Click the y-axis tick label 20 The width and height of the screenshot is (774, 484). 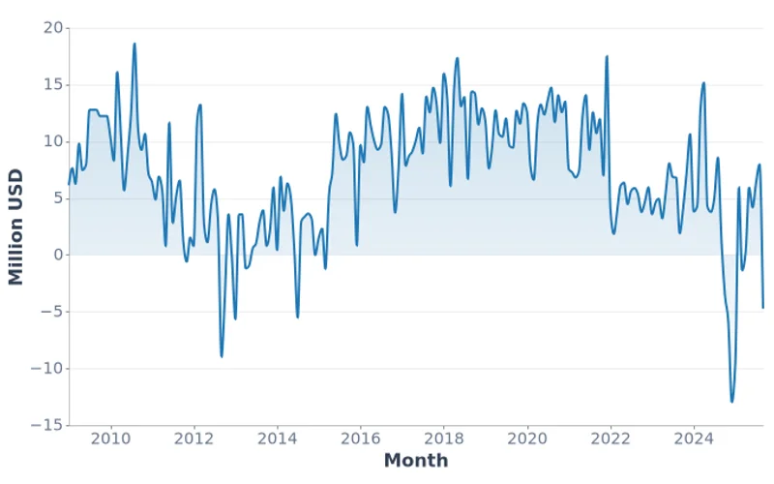(52, 28)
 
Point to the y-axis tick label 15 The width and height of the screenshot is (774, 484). (52, 85)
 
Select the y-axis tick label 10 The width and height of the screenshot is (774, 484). (52, 141)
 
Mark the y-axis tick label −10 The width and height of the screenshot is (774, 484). (47, 368)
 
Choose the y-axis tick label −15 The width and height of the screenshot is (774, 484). (47, 425)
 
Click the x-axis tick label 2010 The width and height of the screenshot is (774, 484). (110, 437)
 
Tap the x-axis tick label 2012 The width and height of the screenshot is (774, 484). (193, 437)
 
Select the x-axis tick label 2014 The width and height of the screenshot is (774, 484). (277, 437)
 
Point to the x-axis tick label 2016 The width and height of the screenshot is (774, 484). (360, 437)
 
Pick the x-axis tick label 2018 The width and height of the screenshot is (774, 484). (443, 437)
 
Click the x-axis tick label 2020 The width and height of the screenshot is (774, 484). (527, 437)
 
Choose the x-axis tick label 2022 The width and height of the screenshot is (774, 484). (610, 437)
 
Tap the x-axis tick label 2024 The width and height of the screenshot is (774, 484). (694, 437)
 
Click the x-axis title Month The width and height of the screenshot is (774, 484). (416, 460)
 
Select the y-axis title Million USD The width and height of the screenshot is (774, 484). (15, 227)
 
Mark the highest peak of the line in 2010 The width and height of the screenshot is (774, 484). (134, 44)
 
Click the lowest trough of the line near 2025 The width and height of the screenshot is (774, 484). (732, 402)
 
